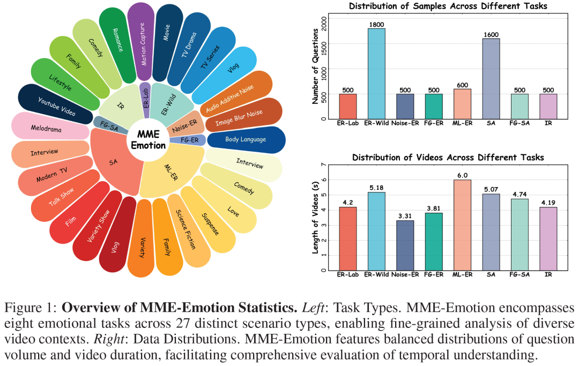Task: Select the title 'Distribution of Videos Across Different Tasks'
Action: pyautogui.click(x=448, y=157)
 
